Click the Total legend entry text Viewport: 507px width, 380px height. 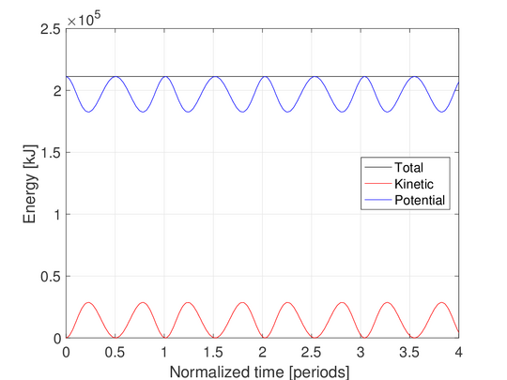(x=408, y=167)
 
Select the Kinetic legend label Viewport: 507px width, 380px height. (x=414, y=184)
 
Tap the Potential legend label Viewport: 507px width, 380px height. (x=420, y=201)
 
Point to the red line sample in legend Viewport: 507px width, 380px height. (x=378, y=184)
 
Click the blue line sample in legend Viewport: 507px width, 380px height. (x=378, y=200)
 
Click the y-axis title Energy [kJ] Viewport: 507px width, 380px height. (x=29, y=184)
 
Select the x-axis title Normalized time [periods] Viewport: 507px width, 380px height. (x=259, y=372)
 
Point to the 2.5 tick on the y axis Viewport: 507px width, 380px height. (x=51, y=29)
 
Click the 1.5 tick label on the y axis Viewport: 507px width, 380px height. (x=51, y=153)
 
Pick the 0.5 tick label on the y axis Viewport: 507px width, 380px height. (x=51, y=276)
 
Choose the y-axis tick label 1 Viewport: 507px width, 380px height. (x=57, y=215)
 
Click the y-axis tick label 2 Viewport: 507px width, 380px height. (x=57, y=91)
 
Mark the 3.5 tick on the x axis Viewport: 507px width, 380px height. (x=409, y=352)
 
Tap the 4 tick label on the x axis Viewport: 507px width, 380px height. (x=458, y=352)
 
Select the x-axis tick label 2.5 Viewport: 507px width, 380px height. (x=311, y=352)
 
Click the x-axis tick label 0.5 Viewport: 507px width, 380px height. (x=115, y=352)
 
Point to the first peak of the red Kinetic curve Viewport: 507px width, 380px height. (x=88, y=303)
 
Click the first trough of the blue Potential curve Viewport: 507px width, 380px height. (x=88, y=112)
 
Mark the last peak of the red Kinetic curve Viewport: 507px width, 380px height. (x=441, y=303)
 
